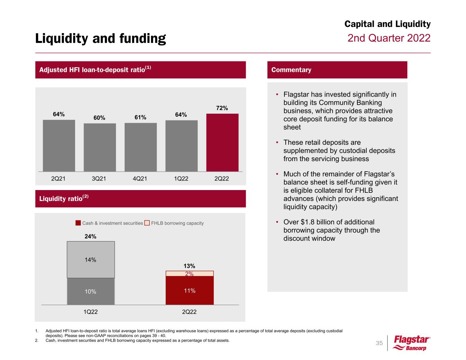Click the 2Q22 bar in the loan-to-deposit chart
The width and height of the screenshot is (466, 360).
pyautogui.click(x=222, y=142)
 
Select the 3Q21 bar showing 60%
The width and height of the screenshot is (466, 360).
pyautogui.click(x=100, y=147)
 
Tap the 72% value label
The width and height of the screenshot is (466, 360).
pyautogui.click(x=222, y=108)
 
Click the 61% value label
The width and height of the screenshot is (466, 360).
pyautogui.click(x=140, y=117)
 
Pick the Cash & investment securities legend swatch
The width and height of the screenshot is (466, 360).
pyautogui.click(x=78, y=223)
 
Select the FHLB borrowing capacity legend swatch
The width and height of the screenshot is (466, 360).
pyautogui.click(x=147, y=223)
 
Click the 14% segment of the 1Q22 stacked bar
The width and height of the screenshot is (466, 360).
pyautogui.click(x=91, y=260)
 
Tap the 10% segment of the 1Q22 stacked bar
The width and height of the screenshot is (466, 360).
pyautogui.click(x=91, y=291)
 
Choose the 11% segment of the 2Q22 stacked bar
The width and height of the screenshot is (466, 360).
pyautogui.click(x=189, y=291)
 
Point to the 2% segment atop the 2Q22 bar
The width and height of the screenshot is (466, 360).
pyautogui.click(x=189, y=274)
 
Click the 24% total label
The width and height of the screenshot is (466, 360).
pyautogui.click(x=90, y=236)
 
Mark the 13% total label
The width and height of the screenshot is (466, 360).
pyautogui.click(x=189, y=266)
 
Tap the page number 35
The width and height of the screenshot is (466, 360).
pyautogui.click(x=379, y=343)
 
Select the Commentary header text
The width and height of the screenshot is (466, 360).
pyautogui.click(x=291, y=70)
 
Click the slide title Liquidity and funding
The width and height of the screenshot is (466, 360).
pyautogui.click(x=100, y=39)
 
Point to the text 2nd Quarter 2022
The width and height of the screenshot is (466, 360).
pyautogui.click(x=389, y=38)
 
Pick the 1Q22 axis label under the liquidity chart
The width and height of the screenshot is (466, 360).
pyautogui.click(x=90, y=312)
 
